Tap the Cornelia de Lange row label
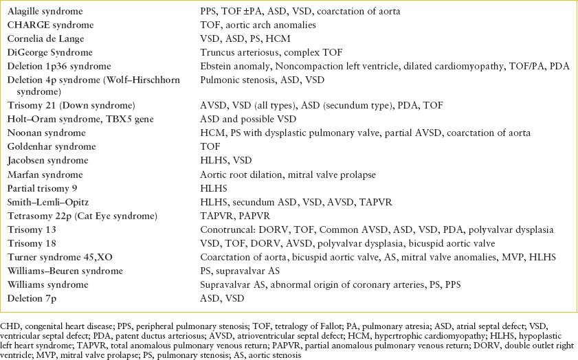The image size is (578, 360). tap(44, 39)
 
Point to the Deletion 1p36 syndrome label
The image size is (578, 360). tap(59, 66)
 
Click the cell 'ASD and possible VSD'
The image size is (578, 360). tap(242, 119)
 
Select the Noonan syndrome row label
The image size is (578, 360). tap(43, 133)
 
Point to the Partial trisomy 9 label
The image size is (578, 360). tap(41, 188)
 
